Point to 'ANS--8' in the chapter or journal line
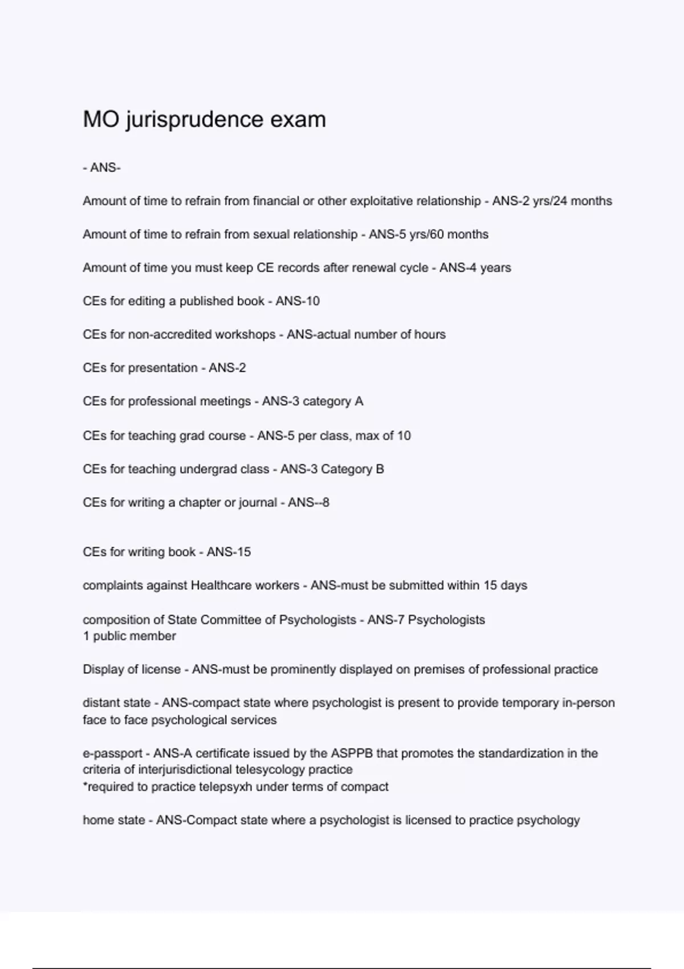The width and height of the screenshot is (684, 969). pyautogui.click(x=308, y=503)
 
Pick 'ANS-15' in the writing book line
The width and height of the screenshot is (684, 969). pyautogui.click(x=229, y=552)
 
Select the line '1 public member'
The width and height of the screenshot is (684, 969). pyautogui.click(x=129, y=636)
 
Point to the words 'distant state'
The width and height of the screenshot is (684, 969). pyautogui.click(x=117, y=703)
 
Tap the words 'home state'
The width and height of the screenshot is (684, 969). pyautogui.click(x=114, y=820)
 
